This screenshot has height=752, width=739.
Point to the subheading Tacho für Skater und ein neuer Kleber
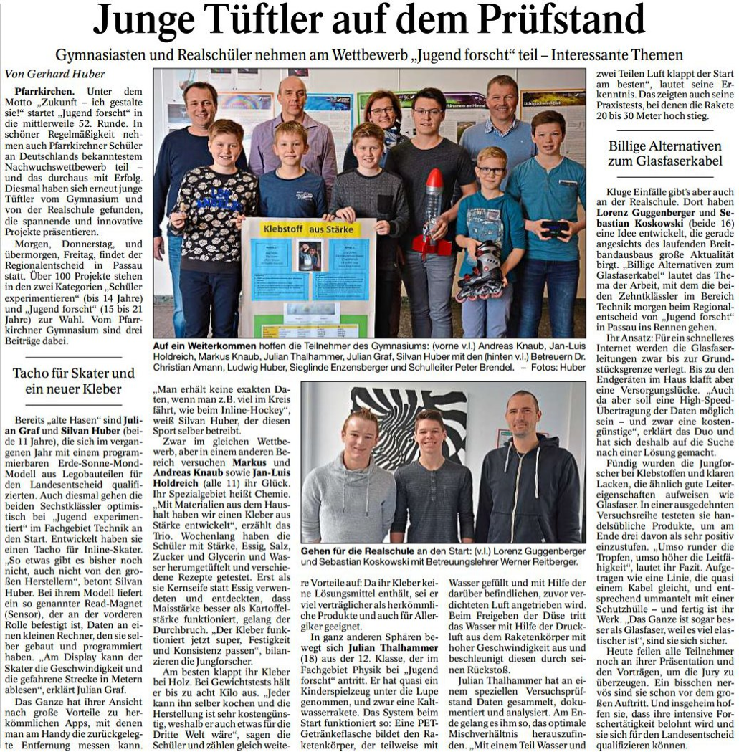73,381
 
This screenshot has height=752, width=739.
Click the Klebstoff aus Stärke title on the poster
307,229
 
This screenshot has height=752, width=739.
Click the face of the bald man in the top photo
291,96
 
